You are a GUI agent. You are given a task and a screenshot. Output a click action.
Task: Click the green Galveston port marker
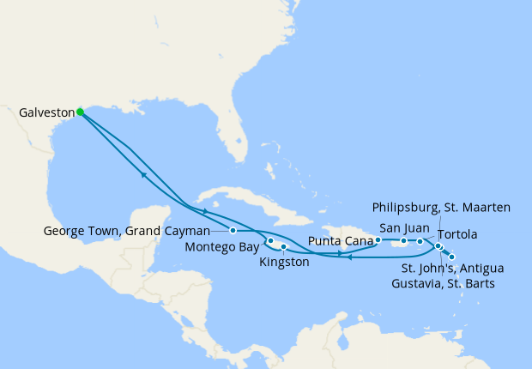pyautogui.click(x=80, y=112)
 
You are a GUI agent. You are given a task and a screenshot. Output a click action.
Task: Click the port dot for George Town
pyautogui.click(x=233, y=230)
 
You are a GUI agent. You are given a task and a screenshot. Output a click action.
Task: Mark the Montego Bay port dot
pyautogui.click(x=270, y=240)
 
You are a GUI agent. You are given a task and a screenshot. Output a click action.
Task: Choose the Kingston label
pyautogui.click(x=283, y=262)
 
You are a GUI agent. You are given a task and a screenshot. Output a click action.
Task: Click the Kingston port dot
pyautogui.click(x=283, y=247)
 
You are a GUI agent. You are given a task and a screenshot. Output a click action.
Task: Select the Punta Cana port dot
pyautogui.click(x=378, y=240)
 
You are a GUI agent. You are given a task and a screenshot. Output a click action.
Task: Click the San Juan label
pyautogui.click(x=399, y=227)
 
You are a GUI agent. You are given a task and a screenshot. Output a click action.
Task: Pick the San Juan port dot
pyautogui.click(x=403, y=241)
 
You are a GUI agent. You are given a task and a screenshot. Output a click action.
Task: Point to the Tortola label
pyautogui.click(x=458, y=234)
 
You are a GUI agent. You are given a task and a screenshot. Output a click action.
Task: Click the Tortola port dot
pyautogui.click(x=420, y=241)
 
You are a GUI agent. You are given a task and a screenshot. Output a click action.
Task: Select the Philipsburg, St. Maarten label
pyautogui.click(x=442, y=207)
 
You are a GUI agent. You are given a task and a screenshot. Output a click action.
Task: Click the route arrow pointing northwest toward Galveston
pyautogui.click(x=142, y=175)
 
